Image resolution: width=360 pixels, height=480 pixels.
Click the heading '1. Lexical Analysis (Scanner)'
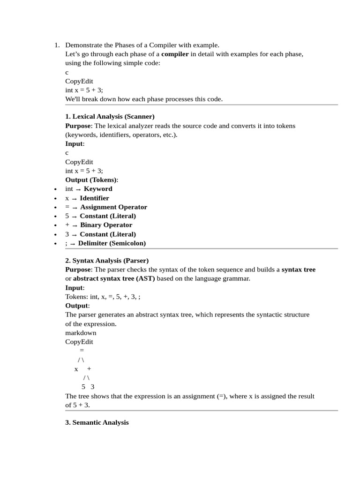click(110, 116)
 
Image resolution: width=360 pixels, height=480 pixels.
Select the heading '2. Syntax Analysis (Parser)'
click(107, 260)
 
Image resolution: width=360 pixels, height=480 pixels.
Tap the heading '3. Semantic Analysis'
click(97, 422)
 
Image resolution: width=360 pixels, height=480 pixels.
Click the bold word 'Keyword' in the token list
click(98, 189)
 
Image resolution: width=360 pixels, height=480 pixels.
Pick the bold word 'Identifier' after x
click(94, 198)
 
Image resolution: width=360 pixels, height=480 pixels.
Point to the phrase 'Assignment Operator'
click(113, 207)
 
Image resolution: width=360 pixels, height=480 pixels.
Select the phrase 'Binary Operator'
click(106, 225)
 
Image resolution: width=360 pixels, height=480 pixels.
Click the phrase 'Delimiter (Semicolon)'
click(112, 243)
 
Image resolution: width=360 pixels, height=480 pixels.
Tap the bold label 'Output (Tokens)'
click(91, 180)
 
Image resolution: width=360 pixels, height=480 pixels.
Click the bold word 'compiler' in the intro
click(175, 54)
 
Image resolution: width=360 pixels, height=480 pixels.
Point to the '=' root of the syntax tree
click(82, 351)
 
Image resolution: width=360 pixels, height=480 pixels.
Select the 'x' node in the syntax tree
click(76, 369)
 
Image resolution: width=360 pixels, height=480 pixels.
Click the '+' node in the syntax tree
click(89, 369)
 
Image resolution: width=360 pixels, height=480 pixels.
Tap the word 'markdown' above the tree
click(81, 333)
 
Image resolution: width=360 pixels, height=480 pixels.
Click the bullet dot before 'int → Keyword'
click(56, 189)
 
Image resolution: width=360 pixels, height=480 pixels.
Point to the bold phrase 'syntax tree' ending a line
click(299, 270)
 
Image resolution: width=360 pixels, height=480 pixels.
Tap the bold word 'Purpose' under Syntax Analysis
click(78, 270)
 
